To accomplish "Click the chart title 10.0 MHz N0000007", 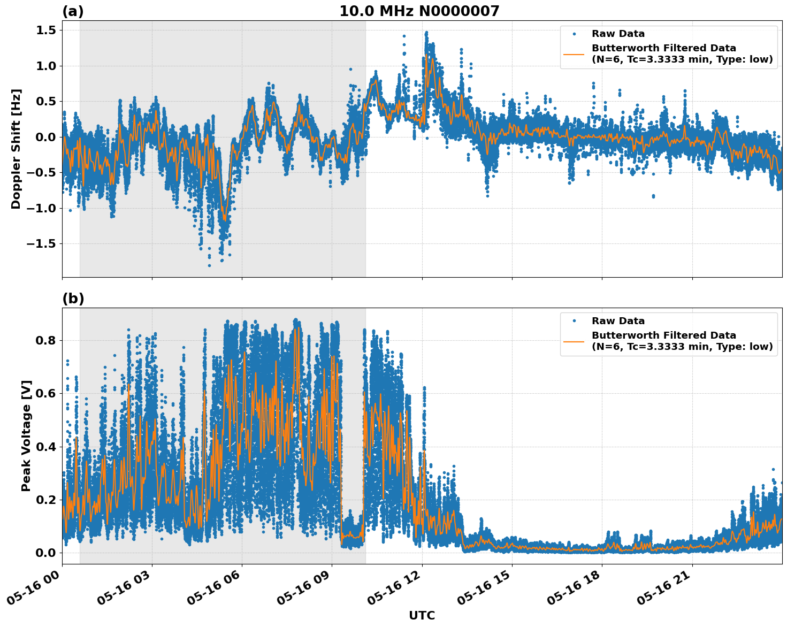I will [x=419, y=11].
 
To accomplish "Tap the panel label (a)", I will [x=73, y=11].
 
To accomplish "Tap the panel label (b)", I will [x=73, y=299].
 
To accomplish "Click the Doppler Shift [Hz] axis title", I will [x=16, y=149].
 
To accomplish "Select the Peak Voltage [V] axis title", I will [x=26, y=435].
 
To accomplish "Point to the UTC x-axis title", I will [x=422, y=615].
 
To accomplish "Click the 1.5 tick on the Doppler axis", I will [x=47, y=30].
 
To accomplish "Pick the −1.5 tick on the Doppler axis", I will [x=42, y=244].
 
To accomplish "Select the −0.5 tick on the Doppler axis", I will [x=42, y=173].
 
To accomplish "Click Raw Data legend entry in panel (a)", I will [x=618, y=34].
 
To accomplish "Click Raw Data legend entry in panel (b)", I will [x=618, y=321].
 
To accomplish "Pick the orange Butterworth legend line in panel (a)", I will [x=574, y=53].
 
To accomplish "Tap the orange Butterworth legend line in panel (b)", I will [x=574, y=341].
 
